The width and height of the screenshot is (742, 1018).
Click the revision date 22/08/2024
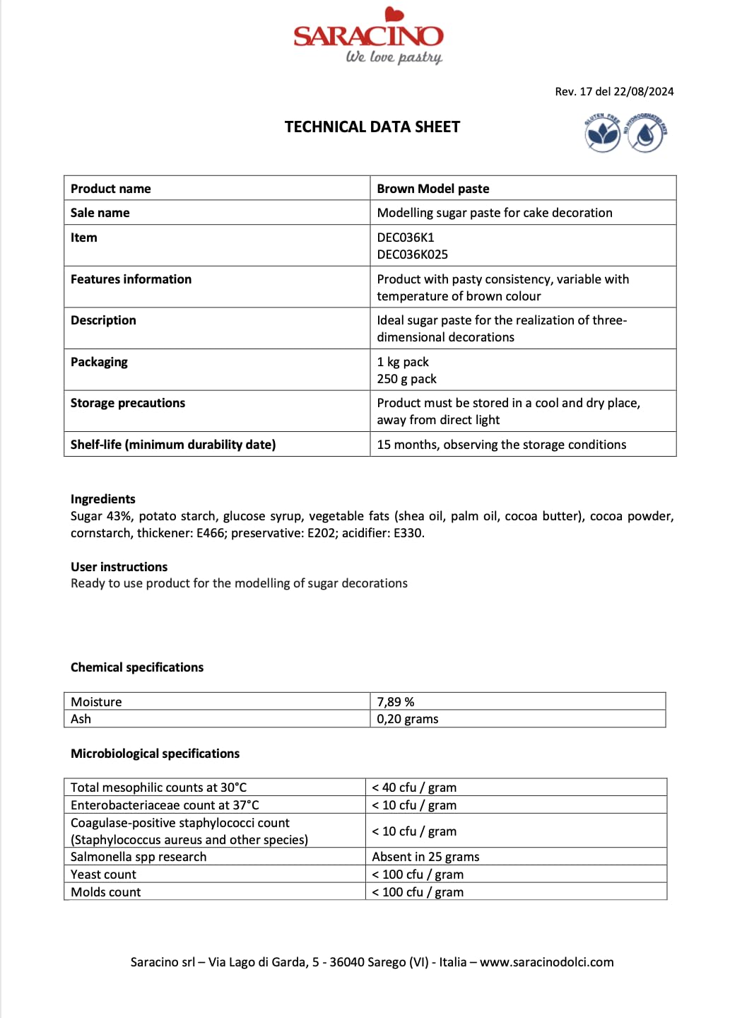pyautogui.click(x=644, y=92)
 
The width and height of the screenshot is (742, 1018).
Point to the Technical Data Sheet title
pyautogui.click(x=372, y=127)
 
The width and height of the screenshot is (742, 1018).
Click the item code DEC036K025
pyautogui.click(x=413, y=255)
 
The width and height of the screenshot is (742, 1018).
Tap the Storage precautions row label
pyautogui.click(x=128, y=403)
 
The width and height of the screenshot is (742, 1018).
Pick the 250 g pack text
pyautogui.click(x=407, y=379)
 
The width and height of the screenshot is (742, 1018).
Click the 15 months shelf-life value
pyautogui.click(x=502, y=445)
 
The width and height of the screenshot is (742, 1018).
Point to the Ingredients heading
pyautogui.click(x=103, y=499)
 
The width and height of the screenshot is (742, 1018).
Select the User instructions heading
pyautogui.click(x=119, y=567)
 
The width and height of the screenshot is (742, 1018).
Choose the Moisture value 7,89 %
pyautogui.click(x=396, y=702)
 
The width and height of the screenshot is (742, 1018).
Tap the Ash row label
pyautogui.click(x=81, y=719)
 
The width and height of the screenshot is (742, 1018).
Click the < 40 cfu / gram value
pyautogui.click(x=414, y=788)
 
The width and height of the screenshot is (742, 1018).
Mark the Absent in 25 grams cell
pyautogui.click(x=426, y=857)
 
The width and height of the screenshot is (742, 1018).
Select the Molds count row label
pyautogui.click(x=106, y=892)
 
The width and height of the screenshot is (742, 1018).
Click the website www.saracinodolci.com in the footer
pyautogui.click(x=547, y=962)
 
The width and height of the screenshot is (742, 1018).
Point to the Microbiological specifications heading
pyautogui.click(x=155, y=754)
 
